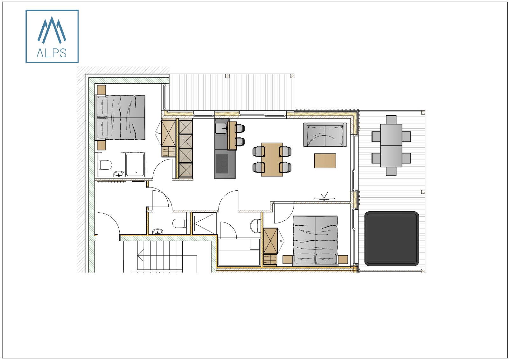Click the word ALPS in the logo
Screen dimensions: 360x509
click(52, 53)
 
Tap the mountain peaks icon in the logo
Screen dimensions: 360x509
click(52, 30)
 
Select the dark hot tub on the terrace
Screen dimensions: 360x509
click(392, 238)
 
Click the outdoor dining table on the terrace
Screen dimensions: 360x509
click(391, 145)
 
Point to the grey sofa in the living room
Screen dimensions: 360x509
click(325, 135)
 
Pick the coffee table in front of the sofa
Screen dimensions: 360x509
click(325, 161)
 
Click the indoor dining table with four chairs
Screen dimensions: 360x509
click(272, 159)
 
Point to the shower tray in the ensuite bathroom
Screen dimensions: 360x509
click(135, 165)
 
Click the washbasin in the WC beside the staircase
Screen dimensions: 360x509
click(157, 231)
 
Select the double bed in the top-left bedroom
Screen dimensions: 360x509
click(121, 118)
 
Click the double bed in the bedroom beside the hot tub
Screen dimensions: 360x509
click(315, 240)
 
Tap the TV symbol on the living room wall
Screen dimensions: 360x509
click(324, 197)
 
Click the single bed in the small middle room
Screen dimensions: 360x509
click(239, 252)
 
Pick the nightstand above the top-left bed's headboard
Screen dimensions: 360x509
click(101, 90)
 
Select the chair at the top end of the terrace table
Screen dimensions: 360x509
click(391, 120)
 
